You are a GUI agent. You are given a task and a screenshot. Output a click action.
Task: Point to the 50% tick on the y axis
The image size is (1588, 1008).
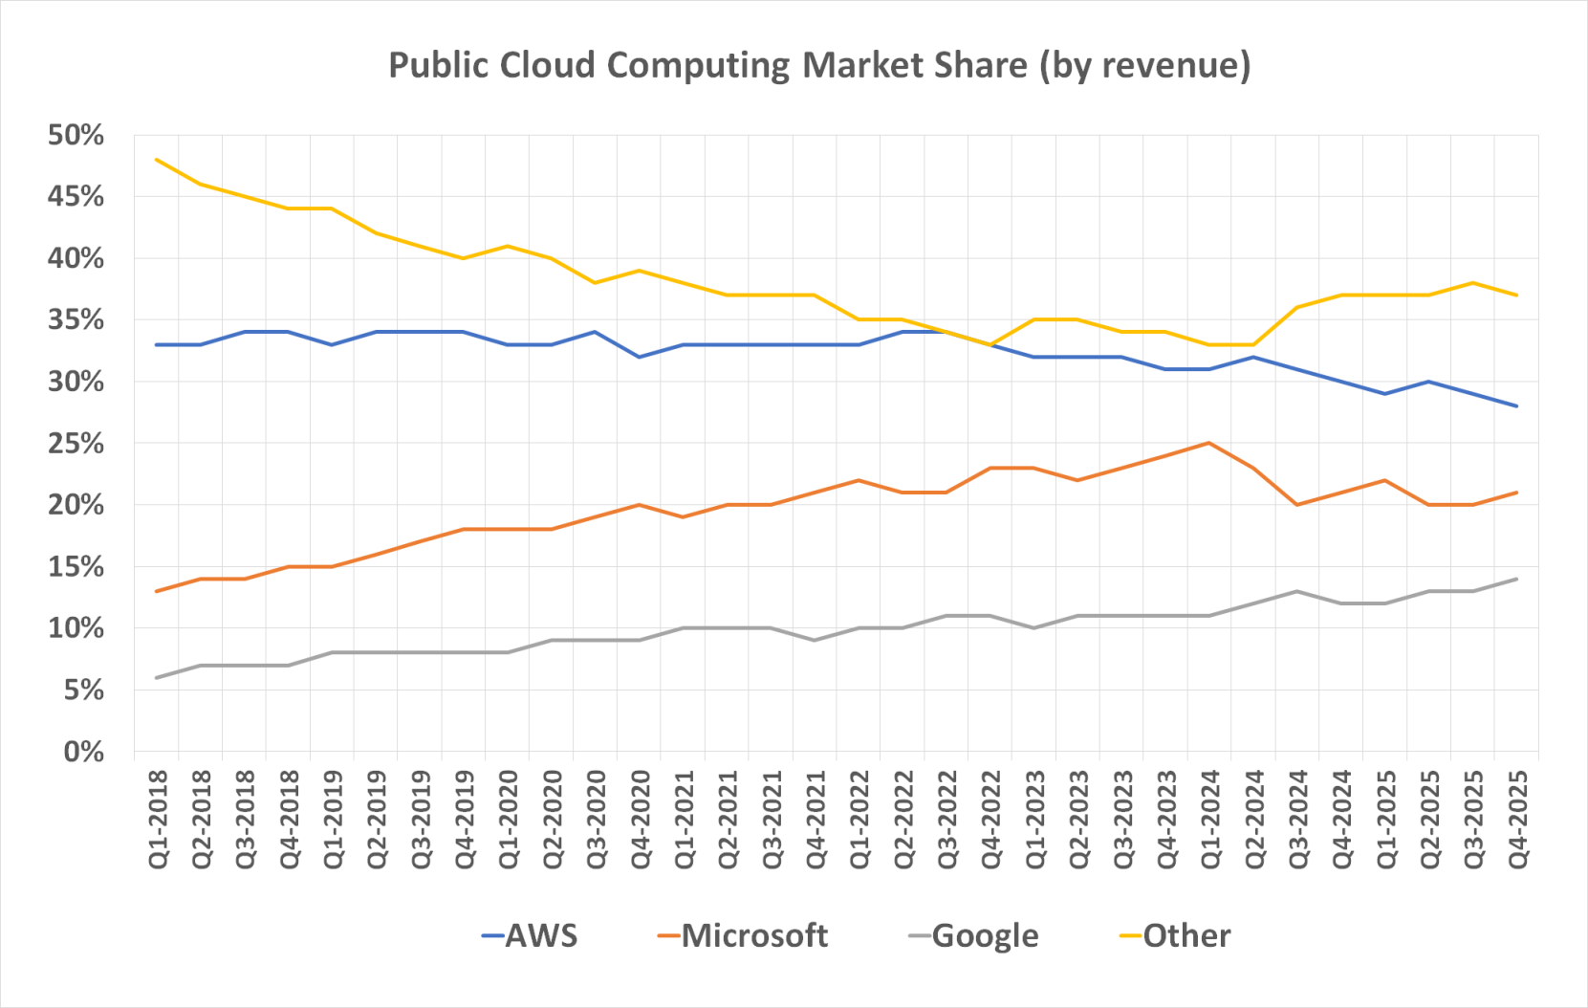click(76, 135)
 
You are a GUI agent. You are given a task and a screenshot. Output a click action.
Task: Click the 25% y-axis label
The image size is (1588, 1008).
click(76, 444)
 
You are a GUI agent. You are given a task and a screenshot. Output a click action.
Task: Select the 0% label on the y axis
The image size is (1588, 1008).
click(83, 752)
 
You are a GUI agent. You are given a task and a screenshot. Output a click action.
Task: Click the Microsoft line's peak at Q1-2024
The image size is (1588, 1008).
click(1209, 443)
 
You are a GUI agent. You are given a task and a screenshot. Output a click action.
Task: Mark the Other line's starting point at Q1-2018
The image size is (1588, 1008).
click(157, 160)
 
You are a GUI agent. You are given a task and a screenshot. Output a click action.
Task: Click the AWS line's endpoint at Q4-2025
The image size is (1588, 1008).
click(1516, 406)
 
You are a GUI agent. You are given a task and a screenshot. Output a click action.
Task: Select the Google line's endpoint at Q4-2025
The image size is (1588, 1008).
click(1516, 579)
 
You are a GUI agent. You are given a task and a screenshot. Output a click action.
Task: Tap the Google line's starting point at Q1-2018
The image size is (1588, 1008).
click(157, 677)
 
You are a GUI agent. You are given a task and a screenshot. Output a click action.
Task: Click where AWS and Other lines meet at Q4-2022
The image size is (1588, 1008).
click(990, 344)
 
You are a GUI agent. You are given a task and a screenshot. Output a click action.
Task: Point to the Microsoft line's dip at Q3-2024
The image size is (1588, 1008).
click(1297, 505)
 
